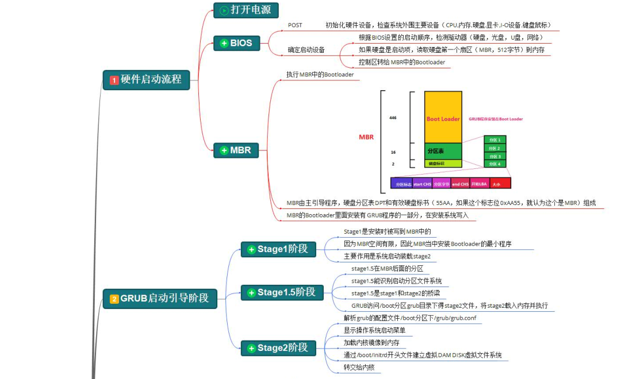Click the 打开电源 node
pyautogui.click(x=246, y=10)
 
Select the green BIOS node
pyautogui.click(x=236, y=42)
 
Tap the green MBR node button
pyautogui.click(x=236, y=150)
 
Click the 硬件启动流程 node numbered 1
pyautogui.click(x=146, y=80)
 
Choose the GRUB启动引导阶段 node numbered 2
pyautogui.click(x=159, y=299)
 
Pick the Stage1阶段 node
pyautogui.click(x=278, y=249)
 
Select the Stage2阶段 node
pyautogui.click(x=278, y=347)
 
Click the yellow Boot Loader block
pyautogui.click(x=443, y=118)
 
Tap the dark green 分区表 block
pyautogui.click(x=443, y=151)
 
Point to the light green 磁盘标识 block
pyautogui.click(x=443, y=164)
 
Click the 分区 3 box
pyautogui.click(x=494, y=156)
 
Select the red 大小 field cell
pyautogui.click(x=497, y=184)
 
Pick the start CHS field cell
pyautogui.click(x=422, y=184)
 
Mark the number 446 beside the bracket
pyautogui.click(x=393, y=118)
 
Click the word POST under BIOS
pyautogui.click(x=295, y=25)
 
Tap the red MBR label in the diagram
pyautogui.click(x=366, y=137)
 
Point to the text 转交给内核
pyautogui.click(x=358, y=367)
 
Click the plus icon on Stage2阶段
pyautogui.click(x=251, y=348)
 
